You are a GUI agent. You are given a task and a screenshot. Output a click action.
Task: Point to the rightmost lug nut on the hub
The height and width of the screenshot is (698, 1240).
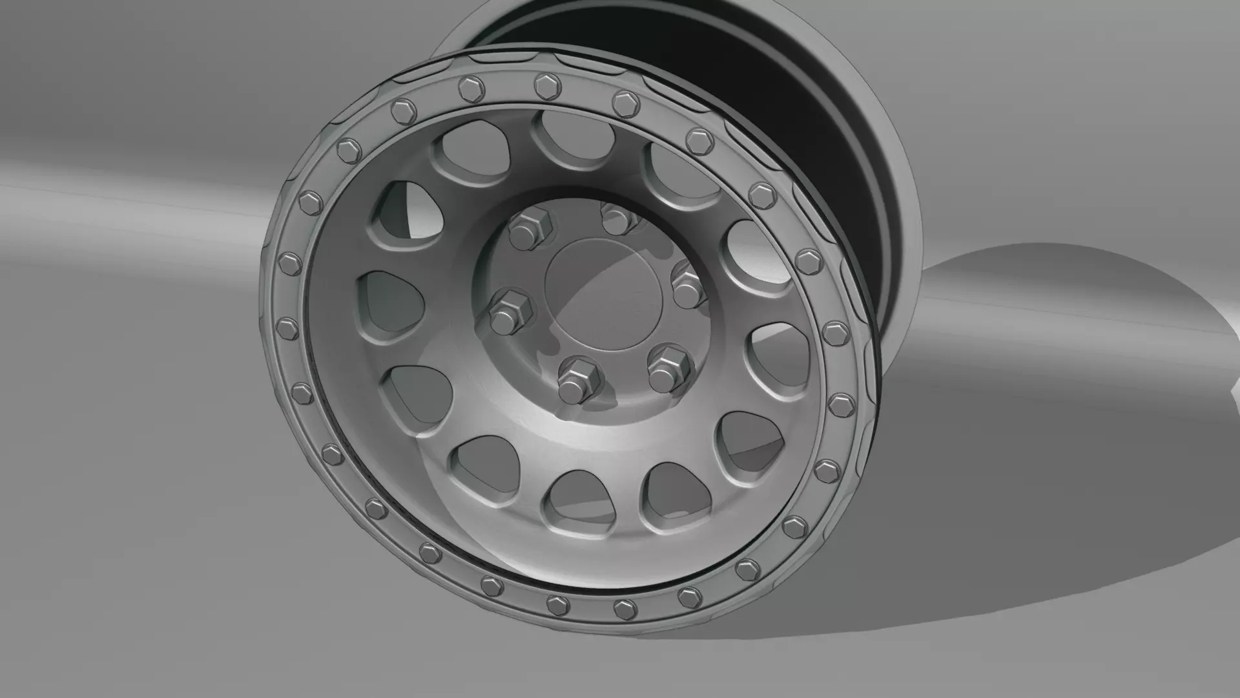pyautogui.click(x=688, y=286)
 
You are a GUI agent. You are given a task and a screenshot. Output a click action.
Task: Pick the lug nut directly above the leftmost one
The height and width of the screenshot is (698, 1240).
pyautogui.click(x=531, y=228)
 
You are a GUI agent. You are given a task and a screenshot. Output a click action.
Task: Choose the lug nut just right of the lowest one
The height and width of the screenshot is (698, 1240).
pyautogui.click(x=668, y=366)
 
